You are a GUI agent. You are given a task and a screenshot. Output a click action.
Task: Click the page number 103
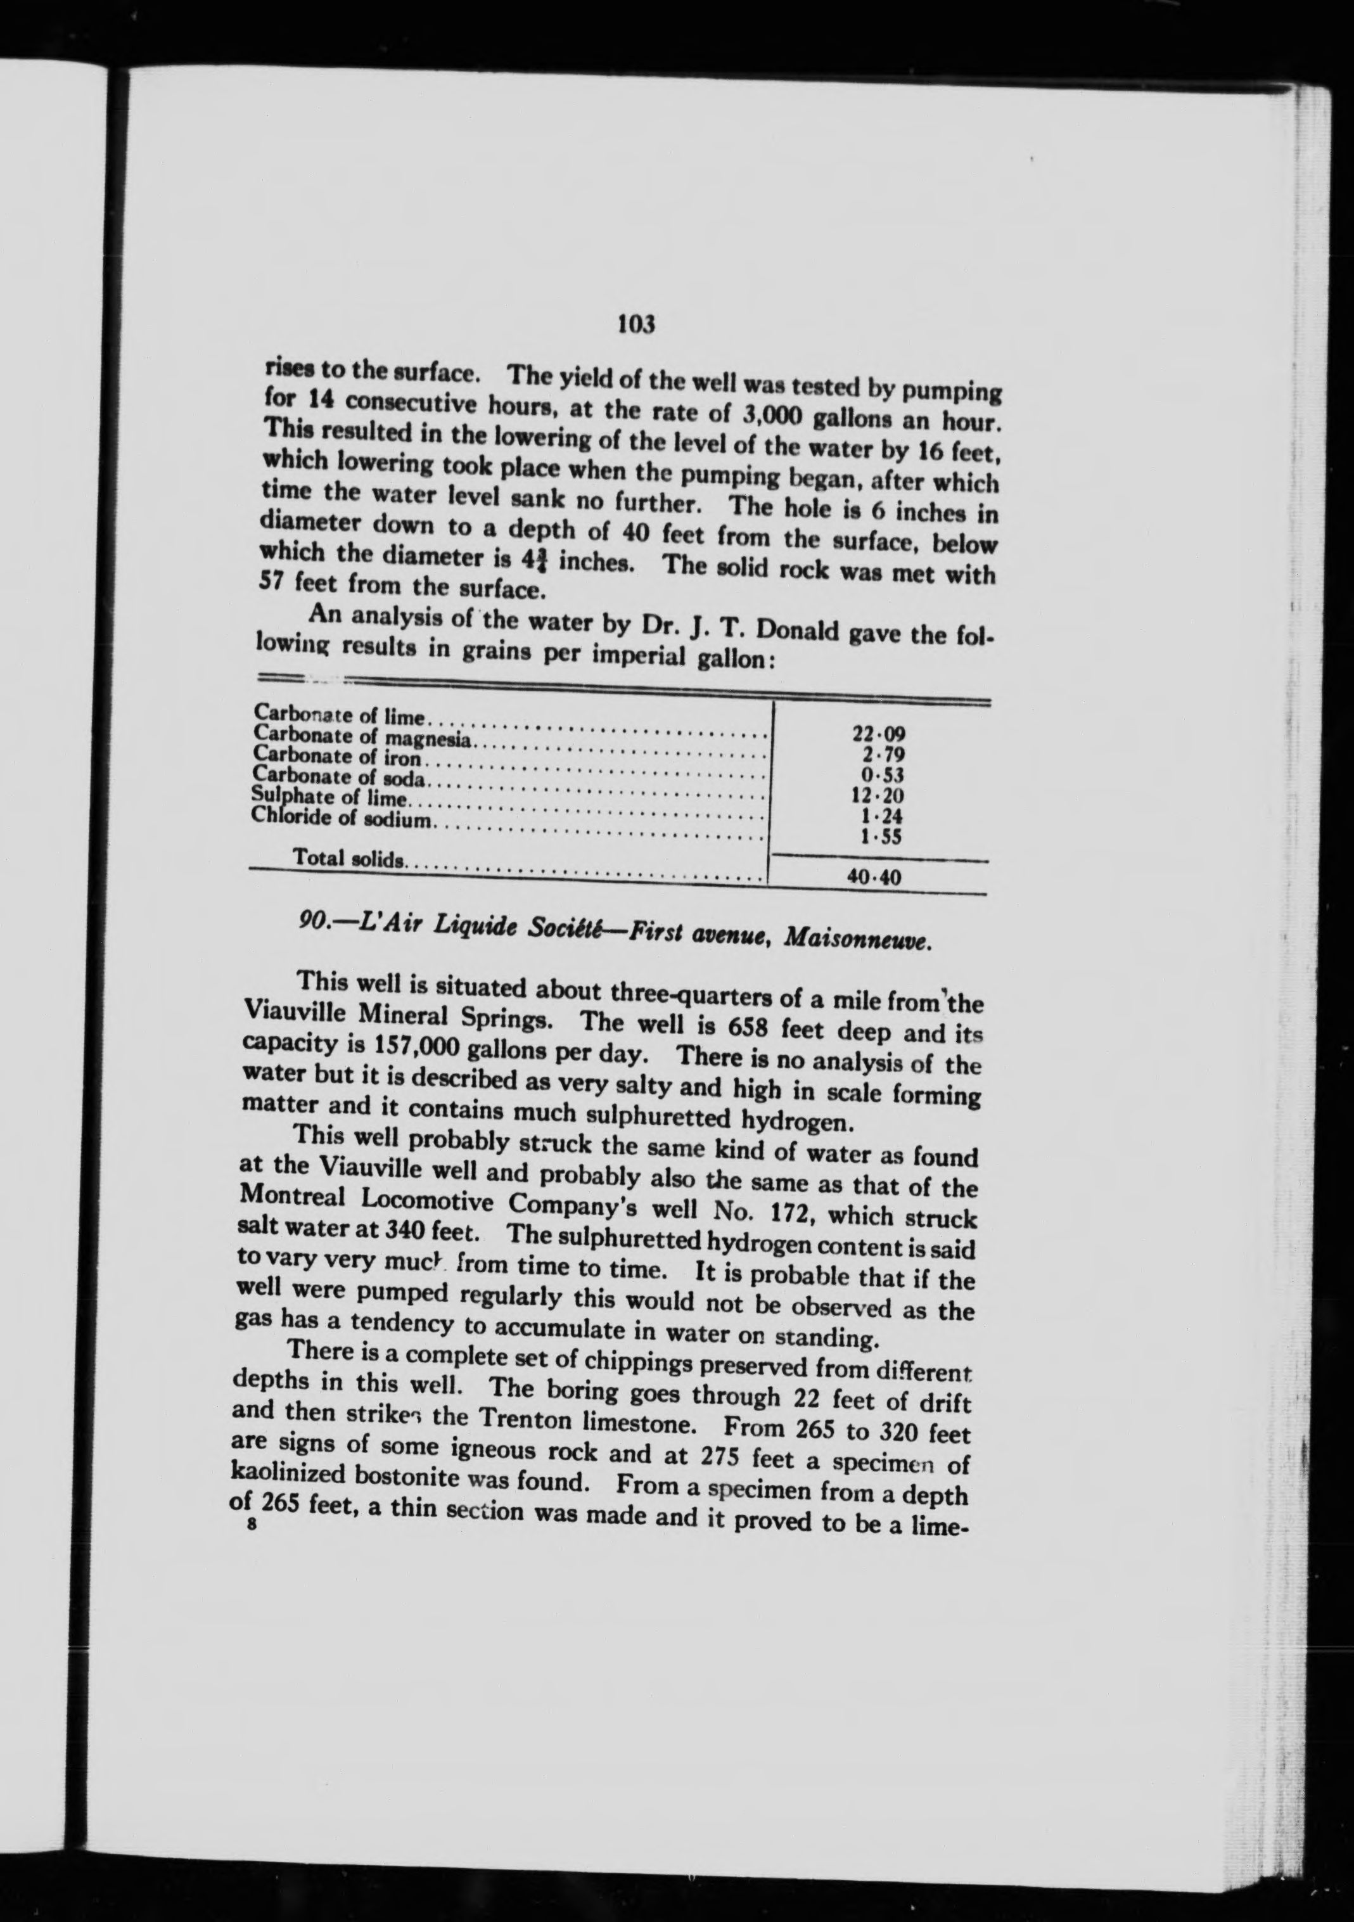(x=635, y=323)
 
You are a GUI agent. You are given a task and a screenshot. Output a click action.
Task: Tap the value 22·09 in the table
(x=878, y=735)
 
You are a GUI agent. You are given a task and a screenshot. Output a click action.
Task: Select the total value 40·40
(x=874, y=878)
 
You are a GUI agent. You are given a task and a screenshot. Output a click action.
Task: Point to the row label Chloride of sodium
(x=342, y=818)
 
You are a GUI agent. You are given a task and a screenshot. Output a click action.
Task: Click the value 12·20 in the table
(x=876, y=796)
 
